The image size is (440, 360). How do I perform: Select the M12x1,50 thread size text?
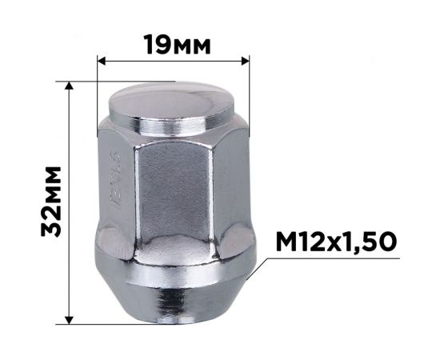point(336,242)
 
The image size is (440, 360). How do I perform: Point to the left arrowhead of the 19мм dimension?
point(101,59)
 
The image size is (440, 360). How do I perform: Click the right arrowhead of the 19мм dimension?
point(246,59)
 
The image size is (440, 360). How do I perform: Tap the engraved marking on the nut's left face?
point(114,183)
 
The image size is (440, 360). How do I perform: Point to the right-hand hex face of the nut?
point(226,188)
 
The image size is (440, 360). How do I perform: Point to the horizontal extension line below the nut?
point(120,324)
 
